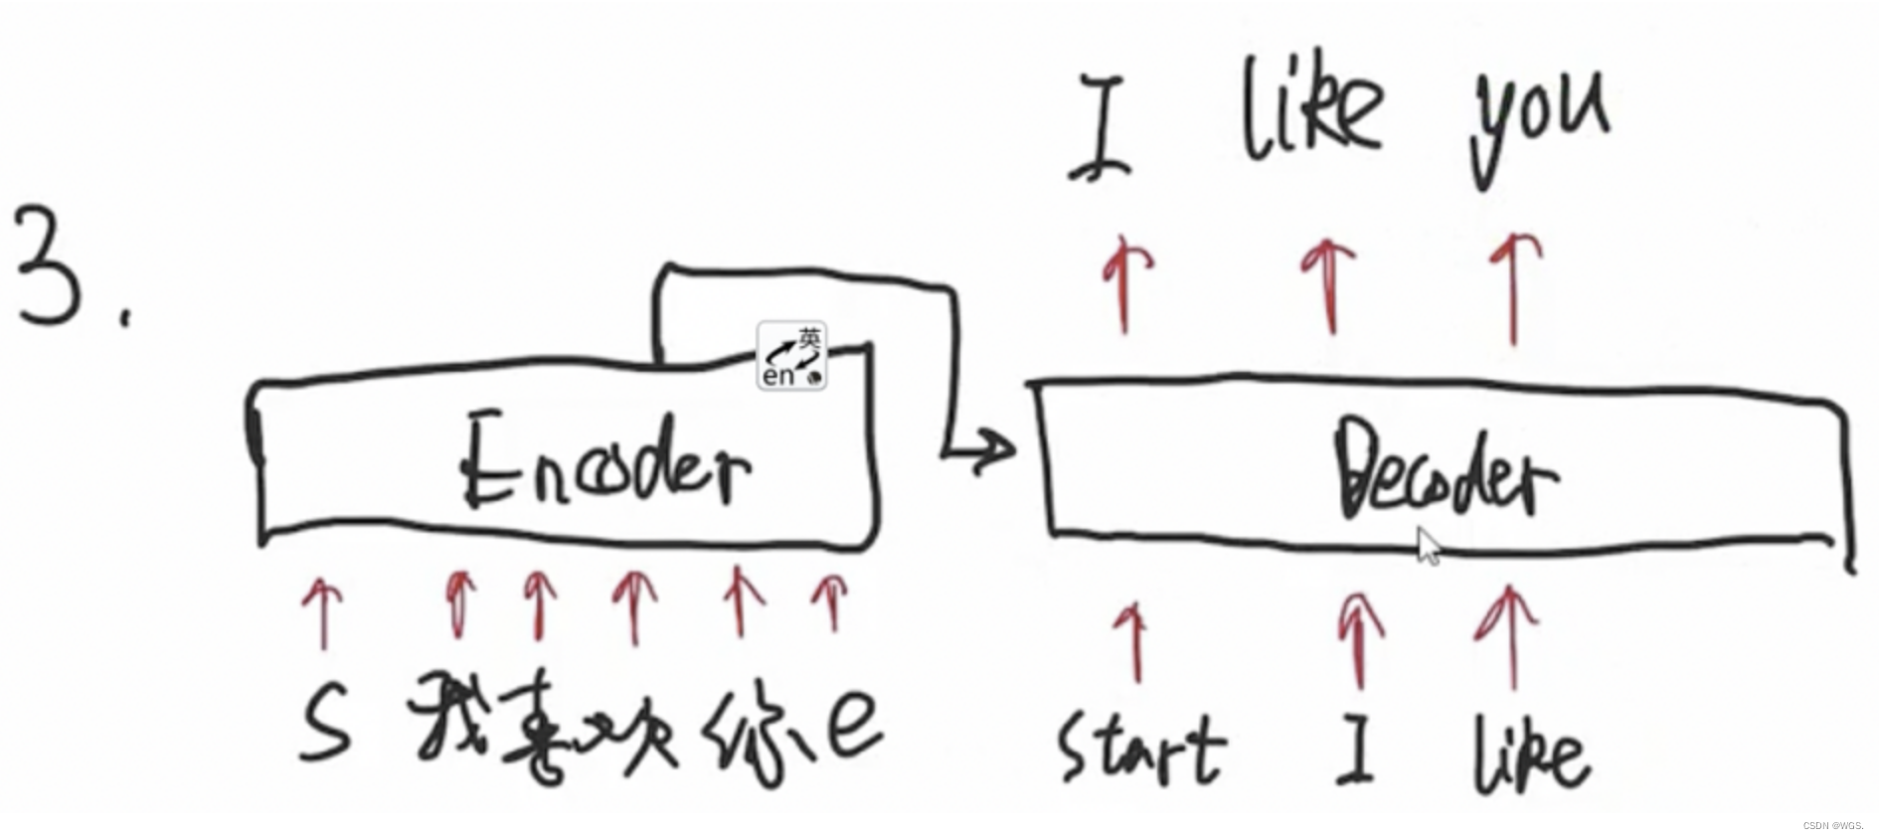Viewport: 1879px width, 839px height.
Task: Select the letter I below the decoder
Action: pos(1354,746)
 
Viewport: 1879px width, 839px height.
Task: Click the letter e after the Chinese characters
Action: pos(853,724)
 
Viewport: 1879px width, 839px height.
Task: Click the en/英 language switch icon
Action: pos(791,356)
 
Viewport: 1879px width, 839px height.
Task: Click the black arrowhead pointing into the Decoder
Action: pos(997,449)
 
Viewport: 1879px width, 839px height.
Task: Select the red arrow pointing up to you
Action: pos(1514,287)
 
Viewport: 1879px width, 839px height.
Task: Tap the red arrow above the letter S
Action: pos(323,611)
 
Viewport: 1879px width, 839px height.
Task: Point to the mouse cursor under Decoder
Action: pos(1429,546)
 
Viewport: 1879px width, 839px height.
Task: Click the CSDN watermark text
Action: pos(1832,826)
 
